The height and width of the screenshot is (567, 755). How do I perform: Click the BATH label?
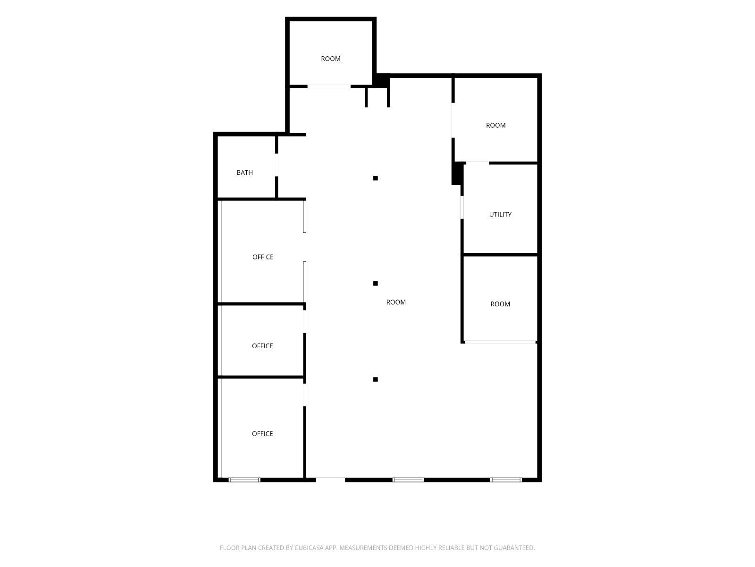pos(244,172)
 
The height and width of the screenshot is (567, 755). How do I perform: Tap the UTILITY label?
pos(500,215)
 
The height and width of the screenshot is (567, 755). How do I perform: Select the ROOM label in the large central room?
pos(396,302)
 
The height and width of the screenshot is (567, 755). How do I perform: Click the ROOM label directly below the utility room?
pos(500,304)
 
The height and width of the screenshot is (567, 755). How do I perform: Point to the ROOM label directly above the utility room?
pos(495,125)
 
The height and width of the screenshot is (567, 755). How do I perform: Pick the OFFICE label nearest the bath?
pos(263,257)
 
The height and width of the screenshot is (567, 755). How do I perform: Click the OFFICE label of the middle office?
pos(262,346)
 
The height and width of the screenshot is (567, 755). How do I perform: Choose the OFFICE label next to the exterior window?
pos(262,434)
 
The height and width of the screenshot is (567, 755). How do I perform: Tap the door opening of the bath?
pos(277,165)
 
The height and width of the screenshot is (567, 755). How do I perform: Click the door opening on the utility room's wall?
pos(462,207)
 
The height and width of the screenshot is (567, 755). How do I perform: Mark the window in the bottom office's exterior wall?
pos(244,480)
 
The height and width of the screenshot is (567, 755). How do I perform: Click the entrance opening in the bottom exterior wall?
pos(330,480)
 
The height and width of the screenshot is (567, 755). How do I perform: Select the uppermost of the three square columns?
pos(376,178)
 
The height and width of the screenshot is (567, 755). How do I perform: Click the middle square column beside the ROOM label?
pos(376,283)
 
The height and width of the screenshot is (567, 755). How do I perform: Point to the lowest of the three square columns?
pos(376,380)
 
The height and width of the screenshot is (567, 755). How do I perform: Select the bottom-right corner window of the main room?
pos(506,480)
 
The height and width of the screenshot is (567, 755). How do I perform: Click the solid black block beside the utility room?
pos(457,173)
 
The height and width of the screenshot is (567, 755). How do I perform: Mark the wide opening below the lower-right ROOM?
pos(501,342)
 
